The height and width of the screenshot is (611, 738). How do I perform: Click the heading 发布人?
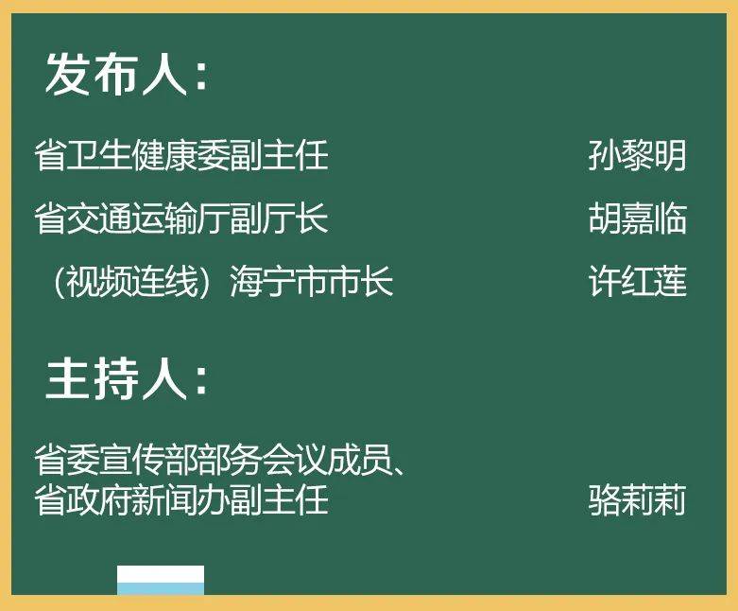[126, 75]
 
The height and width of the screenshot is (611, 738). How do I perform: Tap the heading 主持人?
[126, 379]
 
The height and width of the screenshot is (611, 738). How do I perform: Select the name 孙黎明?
[637, 155]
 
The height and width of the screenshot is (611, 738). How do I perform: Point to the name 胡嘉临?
[637, 218]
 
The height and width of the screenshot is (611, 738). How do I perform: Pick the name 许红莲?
[637, 281]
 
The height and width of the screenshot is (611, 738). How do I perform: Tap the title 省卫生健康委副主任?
[181, 155]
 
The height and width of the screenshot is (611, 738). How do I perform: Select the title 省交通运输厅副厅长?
[181, 218]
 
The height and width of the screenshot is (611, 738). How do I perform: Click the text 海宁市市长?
[311, 281]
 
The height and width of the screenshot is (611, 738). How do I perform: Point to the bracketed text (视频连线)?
[131, 282]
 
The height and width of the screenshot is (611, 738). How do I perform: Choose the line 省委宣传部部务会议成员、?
[220, 460]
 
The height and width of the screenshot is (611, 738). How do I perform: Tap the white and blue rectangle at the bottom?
[161, 580]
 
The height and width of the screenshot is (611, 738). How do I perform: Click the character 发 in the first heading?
[67, 75]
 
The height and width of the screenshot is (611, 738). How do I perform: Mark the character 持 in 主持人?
[117, 379]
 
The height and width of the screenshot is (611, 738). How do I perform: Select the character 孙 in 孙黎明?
[605, 155]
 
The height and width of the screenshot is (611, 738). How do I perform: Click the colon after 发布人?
[201, 78]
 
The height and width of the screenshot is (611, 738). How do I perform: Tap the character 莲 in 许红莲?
[670, 281]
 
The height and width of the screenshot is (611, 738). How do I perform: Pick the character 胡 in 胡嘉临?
[605, 218]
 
